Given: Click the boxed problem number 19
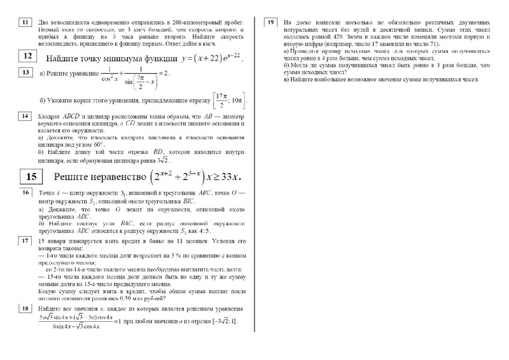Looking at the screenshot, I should click(x=271, y=23).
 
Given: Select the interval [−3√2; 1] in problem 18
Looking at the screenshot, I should click(x=221, y=321).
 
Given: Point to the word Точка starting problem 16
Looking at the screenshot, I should click(x=47, y=193).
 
